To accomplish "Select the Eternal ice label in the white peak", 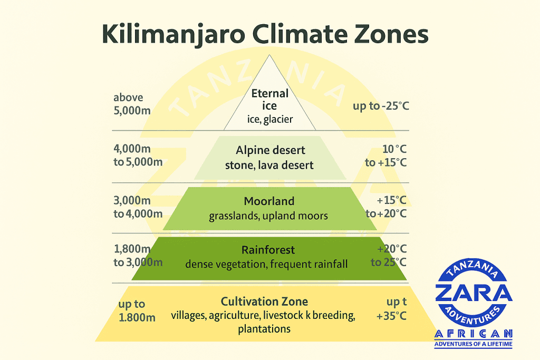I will pyautogui.click(x=270, y=100).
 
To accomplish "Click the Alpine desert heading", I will pyautogui.click(x=270, y=151).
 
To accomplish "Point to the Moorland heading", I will pyautogui.click(x=269, y=201).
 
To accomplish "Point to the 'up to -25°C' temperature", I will pyautogui.click(x=381, y=106).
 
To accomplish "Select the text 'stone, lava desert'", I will pyautogui.click(x=269, y=165).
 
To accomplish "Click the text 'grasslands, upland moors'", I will pyautogui.click(x=268, y=216).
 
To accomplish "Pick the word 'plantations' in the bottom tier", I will pyautogui.click(x=264, y=329).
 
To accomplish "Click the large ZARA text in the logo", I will pyautogui.click(x=473, y=293).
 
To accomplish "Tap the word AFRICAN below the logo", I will pyautogui.click(x=473, y=334).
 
